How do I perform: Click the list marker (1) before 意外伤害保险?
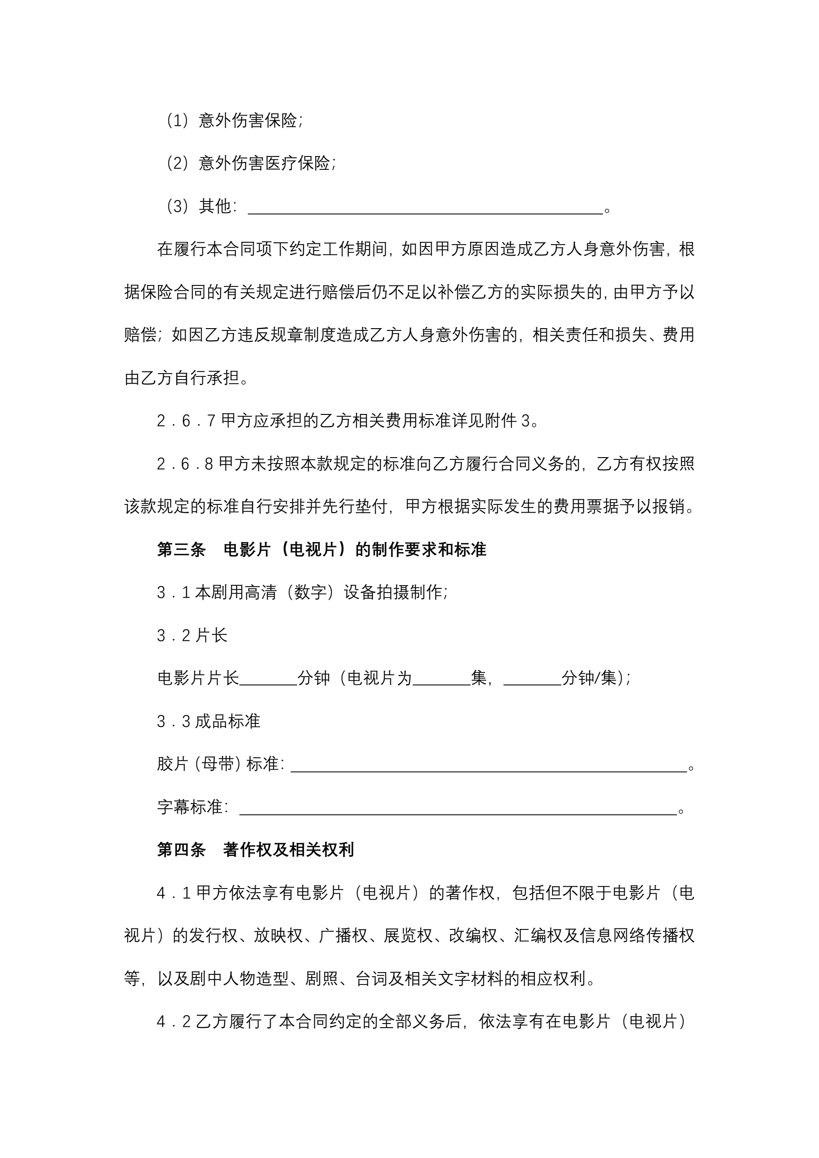click(178, 121)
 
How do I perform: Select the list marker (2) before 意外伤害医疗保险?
click(178, 163)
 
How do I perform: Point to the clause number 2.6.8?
click(185, 464)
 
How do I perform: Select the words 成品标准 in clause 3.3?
click(228, 721)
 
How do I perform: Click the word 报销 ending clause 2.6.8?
click(668, 506)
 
